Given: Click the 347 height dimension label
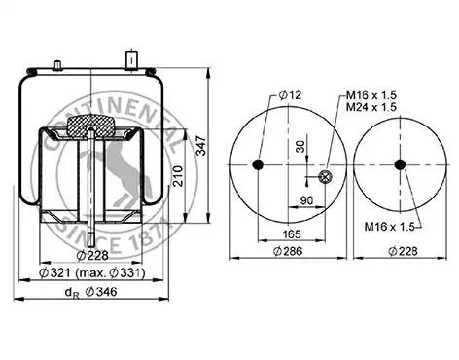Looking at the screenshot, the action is [201, 146].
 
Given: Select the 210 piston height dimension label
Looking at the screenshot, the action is [178, 176].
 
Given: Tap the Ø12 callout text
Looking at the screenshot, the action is [290, 95].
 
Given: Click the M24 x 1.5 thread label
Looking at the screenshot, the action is [371, 107].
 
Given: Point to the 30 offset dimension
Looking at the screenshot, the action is [301, 146].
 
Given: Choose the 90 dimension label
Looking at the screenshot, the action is [306, 200].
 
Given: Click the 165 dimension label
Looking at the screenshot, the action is [292, 234].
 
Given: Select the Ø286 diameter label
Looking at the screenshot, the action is [288, 251].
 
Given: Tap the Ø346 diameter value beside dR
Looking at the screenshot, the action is [101, 292].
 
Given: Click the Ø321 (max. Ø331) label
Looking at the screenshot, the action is [91, 273].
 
